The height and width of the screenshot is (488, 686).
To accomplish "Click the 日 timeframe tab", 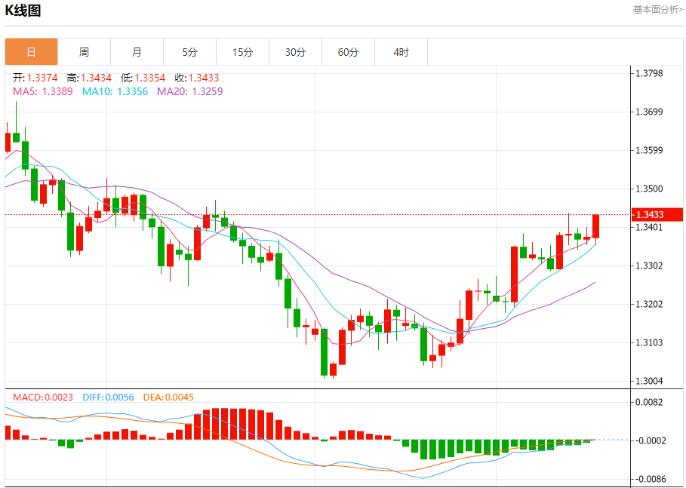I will click(x=31, y=52).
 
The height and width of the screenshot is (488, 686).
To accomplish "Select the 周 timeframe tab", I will click(x=84, y=52).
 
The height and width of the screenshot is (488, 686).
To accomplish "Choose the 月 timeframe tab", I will click(x=137, y=52).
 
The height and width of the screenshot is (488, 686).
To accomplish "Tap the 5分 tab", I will click(x=189, y=52).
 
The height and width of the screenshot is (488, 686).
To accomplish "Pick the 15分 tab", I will click(x=242, y=52).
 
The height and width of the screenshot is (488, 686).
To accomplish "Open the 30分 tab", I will click(x=295, y=52).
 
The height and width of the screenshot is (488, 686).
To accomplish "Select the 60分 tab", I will click(x=348, y=52).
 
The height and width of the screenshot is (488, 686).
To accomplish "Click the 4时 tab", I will click(x=401, y=52).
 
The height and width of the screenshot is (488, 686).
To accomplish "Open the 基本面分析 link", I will click(x=657, y=10).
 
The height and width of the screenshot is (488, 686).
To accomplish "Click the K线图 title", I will click(x=23, y=11).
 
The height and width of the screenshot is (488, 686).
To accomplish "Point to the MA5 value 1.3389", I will click(x=57, y=91).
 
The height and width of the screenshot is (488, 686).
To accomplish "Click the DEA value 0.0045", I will click(x=179, y=397).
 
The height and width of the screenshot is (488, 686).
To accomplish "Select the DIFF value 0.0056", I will click(x=119, y=397).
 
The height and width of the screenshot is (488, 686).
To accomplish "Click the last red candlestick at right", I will click(x=595, y=226).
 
